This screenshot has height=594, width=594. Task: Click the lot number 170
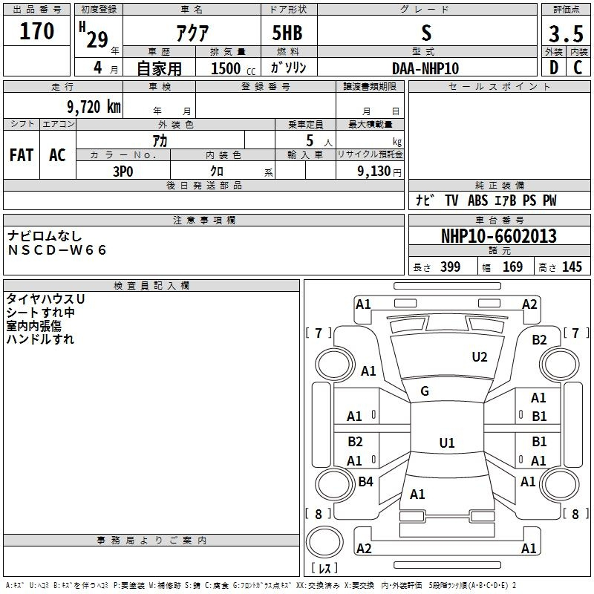[x=36, y=31]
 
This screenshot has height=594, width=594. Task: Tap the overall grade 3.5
[x=566, y=34]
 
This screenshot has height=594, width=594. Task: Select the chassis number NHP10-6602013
[x=499, y=236]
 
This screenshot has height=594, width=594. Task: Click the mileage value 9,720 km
[x=94, y=107]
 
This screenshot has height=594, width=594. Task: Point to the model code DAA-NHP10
[x=425, y=68]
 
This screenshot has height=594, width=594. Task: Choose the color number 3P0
[x=123, y=172]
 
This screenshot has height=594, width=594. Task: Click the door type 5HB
[x=287, y=33]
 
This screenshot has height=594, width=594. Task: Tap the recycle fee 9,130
[x=374, y=172]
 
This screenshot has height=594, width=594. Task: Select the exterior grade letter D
[x=554, y=68]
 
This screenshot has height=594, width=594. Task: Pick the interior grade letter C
[x=578, y=68]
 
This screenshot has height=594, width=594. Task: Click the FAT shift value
[x=22, y=155]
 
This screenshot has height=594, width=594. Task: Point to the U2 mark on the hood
[x=480, y=357]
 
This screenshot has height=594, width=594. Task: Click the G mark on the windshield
[x=425, y=391]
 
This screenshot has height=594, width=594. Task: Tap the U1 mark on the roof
[x=447, y=443]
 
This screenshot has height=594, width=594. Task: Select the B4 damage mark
[x=365, y=481]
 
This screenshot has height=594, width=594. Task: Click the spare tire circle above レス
[x=324, y=542]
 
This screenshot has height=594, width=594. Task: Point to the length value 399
[x=451, y=267]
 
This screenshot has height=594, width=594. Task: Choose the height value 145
[x=572, y=267]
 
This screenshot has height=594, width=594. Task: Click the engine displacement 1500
[x=226, y=68]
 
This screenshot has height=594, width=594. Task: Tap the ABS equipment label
[x=477, y=200]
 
